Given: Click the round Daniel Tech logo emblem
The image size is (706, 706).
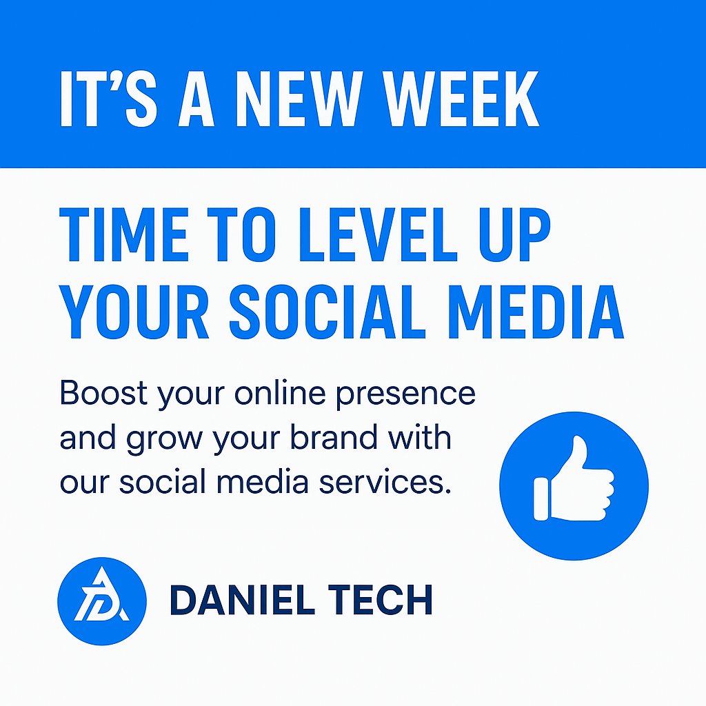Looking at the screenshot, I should pyautogui.click(x=102, y=601).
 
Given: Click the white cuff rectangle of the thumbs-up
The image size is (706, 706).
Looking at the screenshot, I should pyautogui.click(x=542, y=498).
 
